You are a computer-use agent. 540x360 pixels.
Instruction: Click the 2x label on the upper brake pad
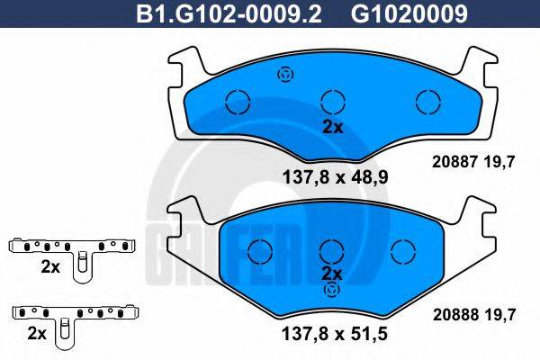[x=333, y=127]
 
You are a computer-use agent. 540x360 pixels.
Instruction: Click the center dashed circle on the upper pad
[x=333, y=101]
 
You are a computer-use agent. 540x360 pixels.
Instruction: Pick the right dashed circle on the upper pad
[x=424, y=101]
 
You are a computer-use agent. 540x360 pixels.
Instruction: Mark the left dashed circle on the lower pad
[x=260, y=248]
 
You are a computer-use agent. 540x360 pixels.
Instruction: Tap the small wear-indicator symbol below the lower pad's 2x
[x=333, y=290]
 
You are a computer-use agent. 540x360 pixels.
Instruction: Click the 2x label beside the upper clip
[x=50, y=267]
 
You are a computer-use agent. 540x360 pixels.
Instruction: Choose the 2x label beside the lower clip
[x=37, y=333]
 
